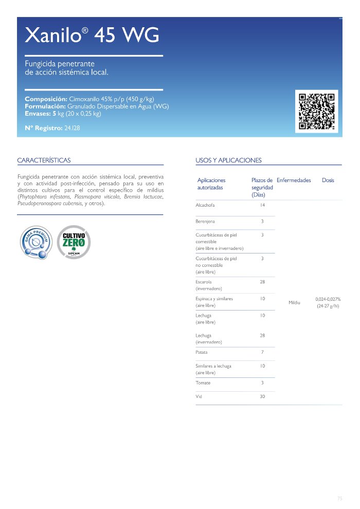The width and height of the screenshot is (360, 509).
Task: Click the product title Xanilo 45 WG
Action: [92, 36]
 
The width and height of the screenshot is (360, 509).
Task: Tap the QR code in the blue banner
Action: [317, 111]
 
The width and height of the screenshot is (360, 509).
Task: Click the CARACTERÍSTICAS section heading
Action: [44, 160]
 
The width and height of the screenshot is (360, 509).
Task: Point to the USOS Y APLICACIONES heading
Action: [228, 160]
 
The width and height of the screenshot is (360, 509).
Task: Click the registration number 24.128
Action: [72, 128]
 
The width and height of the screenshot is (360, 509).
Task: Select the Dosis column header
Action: [328, 180]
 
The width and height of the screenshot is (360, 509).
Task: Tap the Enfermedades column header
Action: [294, 180]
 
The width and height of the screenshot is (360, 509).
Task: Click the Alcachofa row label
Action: [205, 205]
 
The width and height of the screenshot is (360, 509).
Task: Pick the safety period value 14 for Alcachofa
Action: [262, 205]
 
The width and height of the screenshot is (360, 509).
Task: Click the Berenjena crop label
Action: [205, 222]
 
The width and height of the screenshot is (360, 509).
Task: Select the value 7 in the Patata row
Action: [262, 352]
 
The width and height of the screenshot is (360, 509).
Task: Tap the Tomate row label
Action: [203, 383]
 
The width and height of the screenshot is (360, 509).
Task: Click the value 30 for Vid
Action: [262, 396]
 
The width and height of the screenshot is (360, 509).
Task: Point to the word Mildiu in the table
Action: [294, 302]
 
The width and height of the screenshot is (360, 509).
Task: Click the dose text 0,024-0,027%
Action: [328, 299]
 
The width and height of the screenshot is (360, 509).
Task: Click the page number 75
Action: [339, 498]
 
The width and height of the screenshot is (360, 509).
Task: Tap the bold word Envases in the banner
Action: [38, 114]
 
